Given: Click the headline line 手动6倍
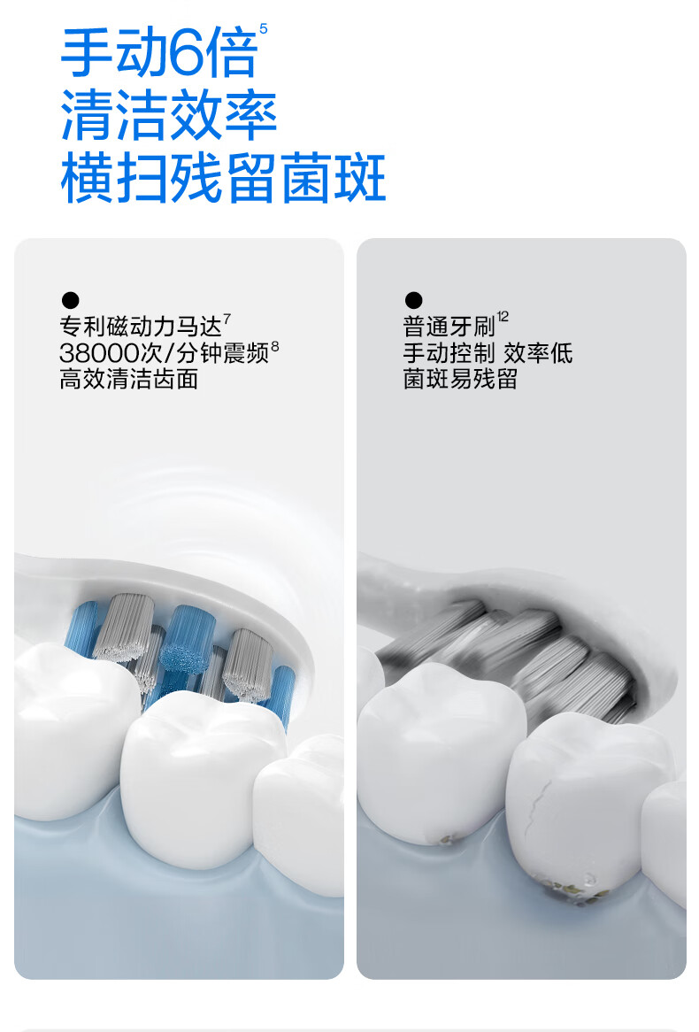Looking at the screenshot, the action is pyautogui.click(x=158, y=52).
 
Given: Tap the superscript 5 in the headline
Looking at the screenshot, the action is pyautogui.click(x=264, y=29).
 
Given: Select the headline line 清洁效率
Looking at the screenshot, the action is pyautogui.click(x=168, y=116).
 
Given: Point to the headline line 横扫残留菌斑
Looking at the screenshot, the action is pyautogui.click(x=223, y=178).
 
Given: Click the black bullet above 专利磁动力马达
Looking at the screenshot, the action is pyautogui.click(x=71, y=300).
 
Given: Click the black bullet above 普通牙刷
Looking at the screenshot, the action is pyautogui.click(x=413, y=300).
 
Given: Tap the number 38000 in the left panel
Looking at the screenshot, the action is pyautogui.click(x=100, y=353).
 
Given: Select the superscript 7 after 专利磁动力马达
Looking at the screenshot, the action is pyautogui.click(x=227, y=319).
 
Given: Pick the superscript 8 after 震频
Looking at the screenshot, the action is pyautogui.click(x=275, y=345).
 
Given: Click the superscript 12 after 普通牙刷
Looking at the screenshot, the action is pyautogui.click(x=503, y=317).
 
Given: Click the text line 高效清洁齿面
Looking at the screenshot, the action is pyautogui.click(x=129, y=380).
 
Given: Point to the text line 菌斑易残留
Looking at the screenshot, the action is pyautogui.click(x=460, y=379).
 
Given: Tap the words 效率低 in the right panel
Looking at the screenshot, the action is pyautogui.click(x=538, y=353).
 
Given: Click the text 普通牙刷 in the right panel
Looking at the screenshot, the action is pyautogui.click(x=449, y=327).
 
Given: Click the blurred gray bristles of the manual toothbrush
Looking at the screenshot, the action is pyautogui.click(x=513, y=658).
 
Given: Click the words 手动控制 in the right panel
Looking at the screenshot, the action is pyautogui.click(x=449, y=353).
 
